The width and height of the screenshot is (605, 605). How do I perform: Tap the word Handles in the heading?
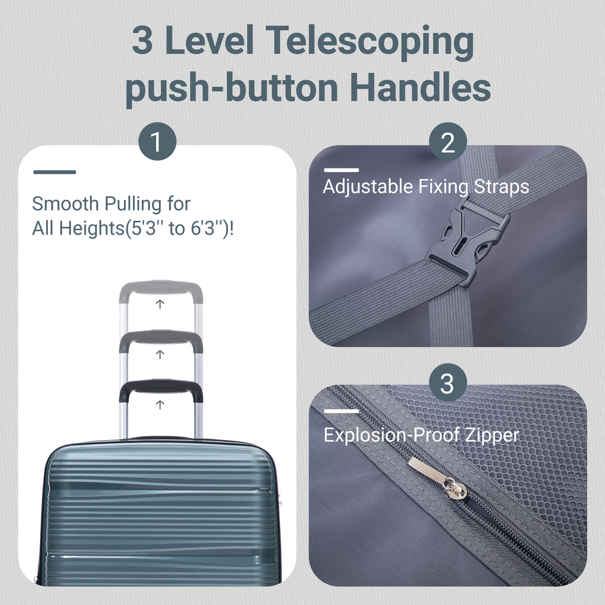pyautogui.click(x=420, y=87)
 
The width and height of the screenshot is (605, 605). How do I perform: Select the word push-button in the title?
pyautogui.click(x=232, y=89)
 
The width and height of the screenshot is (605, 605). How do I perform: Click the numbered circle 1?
pyautogui.click(x=157, y=141)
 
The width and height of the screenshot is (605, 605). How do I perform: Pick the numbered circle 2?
pyautogui.click(x=448, y=141)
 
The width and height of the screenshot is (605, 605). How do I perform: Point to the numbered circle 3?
pyautogui.click(x=448, y=382)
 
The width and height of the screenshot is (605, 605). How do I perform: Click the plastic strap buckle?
pyautogui.click(x=467, y=241)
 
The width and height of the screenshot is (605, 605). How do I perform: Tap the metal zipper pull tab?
pyautogui.click(x=437, y=479)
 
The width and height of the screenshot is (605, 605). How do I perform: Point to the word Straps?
pyautogui.click(x=501, y=187)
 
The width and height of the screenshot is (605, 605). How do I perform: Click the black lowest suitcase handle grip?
pyautogui.click(x=161, y=390)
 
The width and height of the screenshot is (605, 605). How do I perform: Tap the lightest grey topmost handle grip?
pyautogui.click(x=161, y=290)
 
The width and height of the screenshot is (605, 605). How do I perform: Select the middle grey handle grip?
pyautogui.click(x=161, y=340)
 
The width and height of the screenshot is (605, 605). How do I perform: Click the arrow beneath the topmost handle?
pyautogui.click(x=160, y=304)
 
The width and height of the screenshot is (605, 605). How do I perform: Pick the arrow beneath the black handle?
pyautogui.click(x=160, y=404)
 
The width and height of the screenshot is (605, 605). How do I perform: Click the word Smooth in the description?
pyautogui.click(x=65, y=203)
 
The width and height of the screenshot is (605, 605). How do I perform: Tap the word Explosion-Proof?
pyautogui.click(x=391, y=435)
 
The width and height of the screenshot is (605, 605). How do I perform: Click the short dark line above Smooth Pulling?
pyautogui.click(x=55, y=172)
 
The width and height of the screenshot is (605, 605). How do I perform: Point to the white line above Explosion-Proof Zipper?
pyautogui.click(x=341, y=411)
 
